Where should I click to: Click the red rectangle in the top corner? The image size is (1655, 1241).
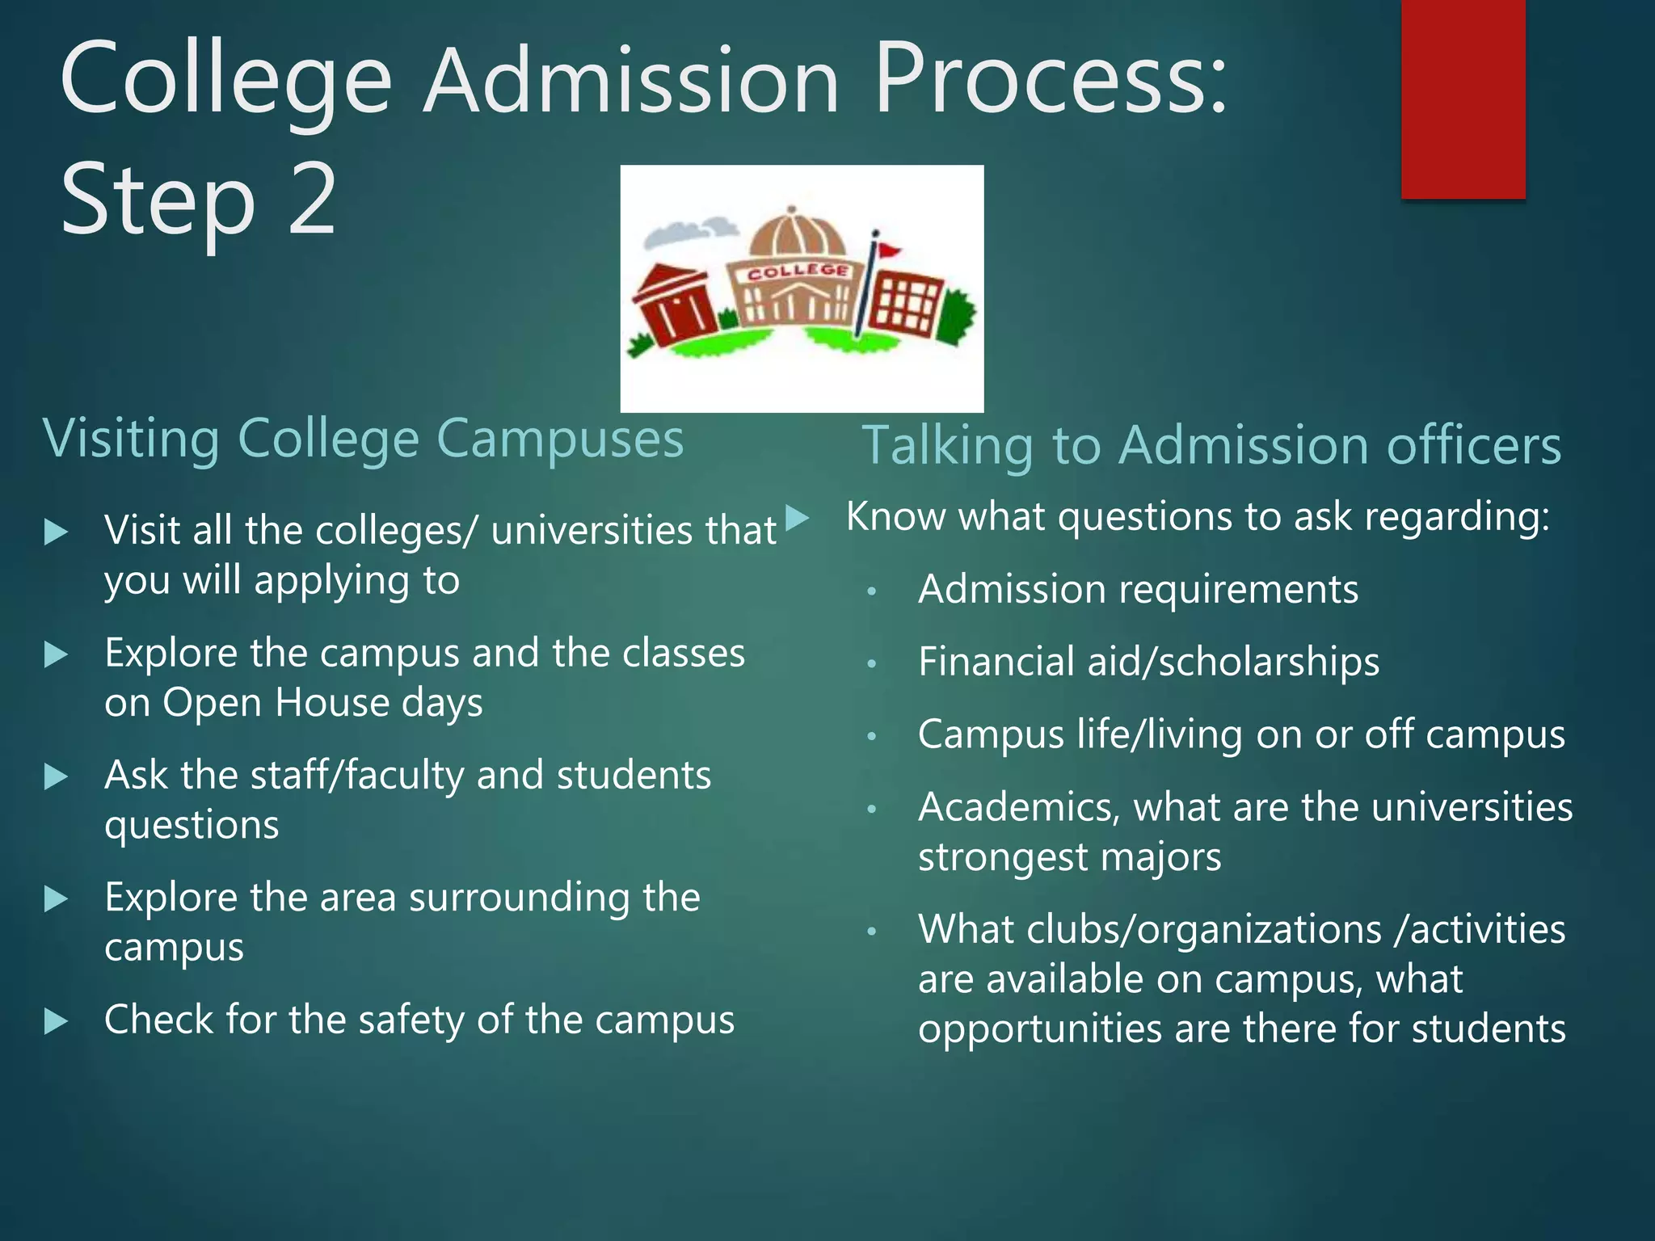click(x=1463, y=99)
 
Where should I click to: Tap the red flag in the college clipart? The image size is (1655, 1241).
click(x=889, y=250)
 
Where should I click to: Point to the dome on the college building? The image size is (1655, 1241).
click(x=797, y=234)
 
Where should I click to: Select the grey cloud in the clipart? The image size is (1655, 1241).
click(x=689, y=232)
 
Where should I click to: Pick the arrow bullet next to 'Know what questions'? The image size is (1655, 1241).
click(x=797, y=517)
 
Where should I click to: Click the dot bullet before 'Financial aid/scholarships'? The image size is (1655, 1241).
click(x=872, y=664)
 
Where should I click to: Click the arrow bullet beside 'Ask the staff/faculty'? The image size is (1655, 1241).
click(x=55, y=776)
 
